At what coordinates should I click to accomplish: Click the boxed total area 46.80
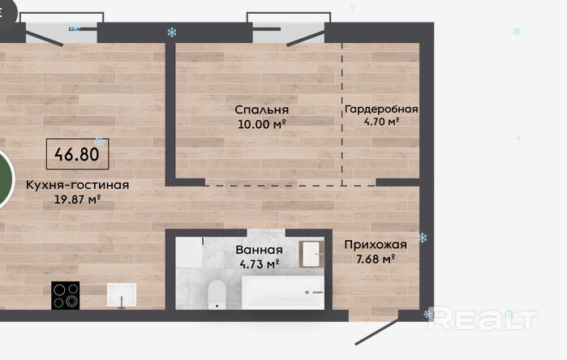(77, 154)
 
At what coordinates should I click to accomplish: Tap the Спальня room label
(262, 110)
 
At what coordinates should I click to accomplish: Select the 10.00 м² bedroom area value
(262, 124)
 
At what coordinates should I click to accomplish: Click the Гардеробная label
(381, 109)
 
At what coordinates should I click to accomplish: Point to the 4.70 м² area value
(381, 122)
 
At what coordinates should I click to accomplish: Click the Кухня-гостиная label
(77, 185)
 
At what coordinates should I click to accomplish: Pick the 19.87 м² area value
(77, 199)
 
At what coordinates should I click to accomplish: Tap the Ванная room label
(259, 250)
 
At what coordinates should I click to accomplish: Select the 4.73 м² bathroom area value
(260, 264)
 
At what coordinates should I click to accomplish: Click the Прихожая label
(376, 245)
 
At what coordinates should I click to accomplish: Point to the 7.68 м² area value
(376, 259)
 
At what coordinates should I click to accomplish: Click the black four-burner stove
(66, 295)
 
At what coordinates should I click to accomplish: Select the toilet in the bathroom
(217, 295)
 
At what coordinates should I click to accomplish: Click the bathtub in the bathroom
(283, 293)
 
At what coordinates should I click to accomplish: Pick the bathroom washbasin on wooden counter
(311, 255)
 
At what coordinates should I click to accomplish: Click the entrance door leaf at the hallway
(377, 332)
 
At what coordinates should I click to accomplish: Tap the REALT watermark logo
(483, 318)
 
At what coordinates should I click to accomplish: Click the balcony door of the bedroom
(306, 38)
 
